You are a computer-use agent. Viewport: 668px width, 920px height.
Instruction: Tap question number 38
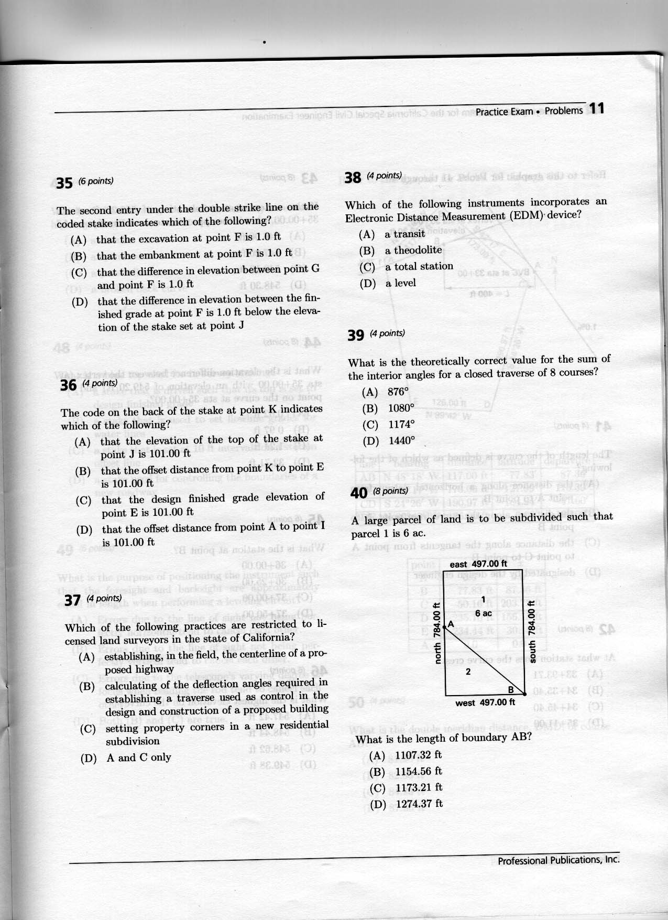[353, 177]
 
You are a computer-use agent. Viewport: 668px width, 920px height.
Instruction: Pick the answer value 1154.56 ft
[419, 771]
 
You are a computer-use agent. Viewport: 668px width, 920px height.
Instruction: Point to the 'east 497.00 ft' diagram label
[478, 564]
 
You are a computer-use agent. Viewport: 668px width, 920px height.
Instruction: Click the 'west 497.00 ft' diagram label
[485, 702]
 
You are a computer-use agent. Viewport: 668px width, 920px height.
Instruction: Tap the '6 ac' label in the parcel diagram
[483, 613]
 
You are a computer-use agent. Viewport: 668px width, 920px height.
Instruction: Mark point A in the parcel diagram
[450, 624]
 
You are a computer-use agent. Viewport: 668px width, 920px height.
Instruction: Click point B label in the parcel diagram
[511, 689]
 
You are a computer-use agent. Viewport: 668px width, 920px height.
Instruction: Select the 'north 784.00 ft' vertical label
[436, 633]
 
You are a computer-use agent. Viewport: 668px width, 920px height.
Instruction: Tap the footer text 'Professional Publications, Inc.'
[558, 860]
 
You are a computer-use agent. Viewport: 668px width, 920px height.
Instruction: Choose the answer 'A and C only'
[138, 757]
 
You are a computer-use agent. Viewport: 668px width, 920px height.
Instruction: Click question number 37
[72, 600]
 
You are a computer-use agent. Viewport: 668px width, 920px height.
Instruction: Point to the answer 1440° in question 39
[401, 440]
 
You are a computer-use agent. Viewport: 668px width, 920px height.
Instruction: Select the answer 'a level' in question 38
[400, 283]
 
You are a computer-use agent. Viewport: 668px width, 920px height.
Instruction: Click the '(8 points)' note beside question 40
[390, 491]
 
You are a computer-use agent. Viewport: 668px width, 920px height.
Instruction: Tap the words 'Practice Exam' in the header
[504, 112]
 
